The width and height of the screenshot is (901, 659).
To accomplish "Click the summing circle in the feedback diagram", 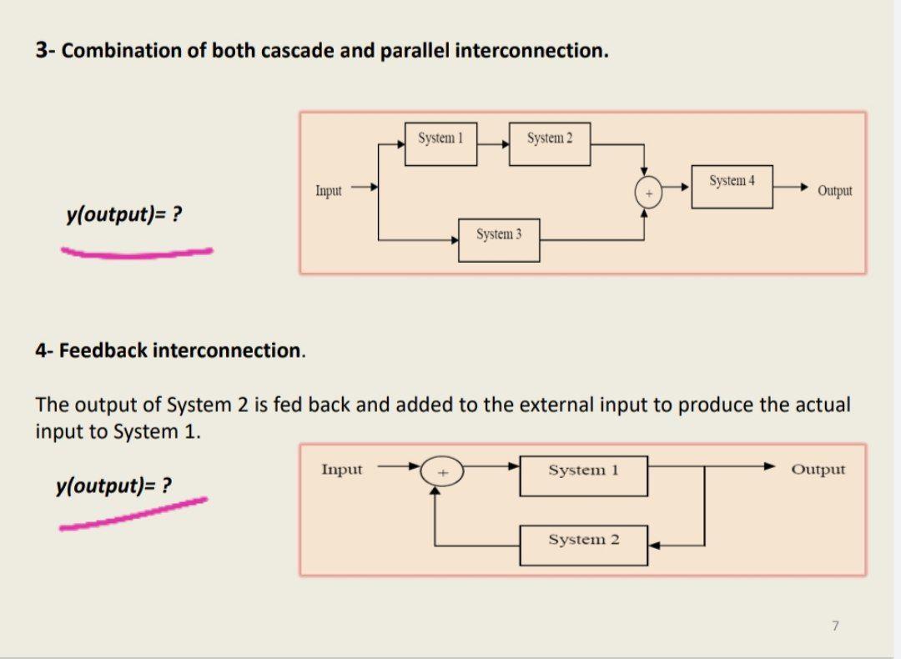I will click(x=443, y=471).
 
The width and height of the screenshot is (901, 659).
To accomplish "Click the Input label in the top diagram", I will click(x=328, y=191).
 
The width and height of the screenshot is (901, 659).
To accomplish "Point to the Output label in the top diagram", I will click(x=834, y=191).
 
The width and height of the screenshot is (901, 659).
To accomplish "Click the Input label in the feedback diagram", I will click(x=342, y=470).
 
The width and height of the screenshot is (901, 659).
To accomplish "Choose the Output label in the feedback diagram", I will click(x=818, y=470).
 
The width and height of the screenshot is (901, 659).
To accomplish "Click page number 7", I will click(x=833, y=624).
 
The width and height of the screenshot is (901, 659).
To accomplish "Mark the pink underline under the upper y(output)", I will click(x=138, y=251).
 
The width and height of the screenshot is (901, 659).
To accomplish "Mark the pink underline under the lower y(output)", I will click(x=133, y=514).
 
